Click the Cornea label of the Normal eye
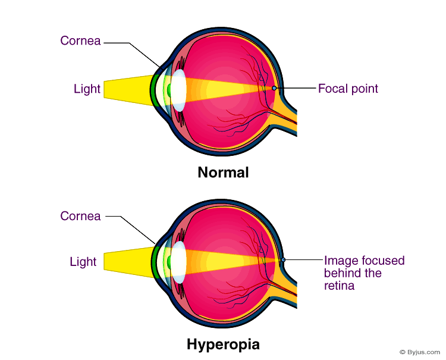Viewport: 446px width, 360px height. click(80, 41)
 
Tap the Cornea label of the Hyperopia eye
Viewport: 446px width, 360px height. click(80, 216)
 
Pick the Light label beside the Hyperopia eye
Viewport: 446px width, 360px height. click(83, 262)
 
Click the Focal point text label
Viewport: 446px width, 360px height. click(348, 89)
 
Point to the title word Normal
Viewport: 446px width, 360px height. click(223, 173)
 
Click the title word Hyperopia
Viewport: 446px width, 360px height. click(223, 345)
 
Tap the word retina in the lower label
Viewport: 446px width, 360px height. click(339, 286)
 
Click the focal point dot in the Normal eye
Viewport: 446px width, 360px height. click(274, 88)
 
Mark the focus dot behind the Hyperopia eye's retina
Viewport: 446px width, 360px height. click(283, 260)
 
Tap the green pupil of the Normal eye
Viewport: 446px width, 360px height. click(169, 90)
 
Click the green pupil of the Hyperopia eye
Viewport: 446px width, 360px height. click(168, 262)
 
